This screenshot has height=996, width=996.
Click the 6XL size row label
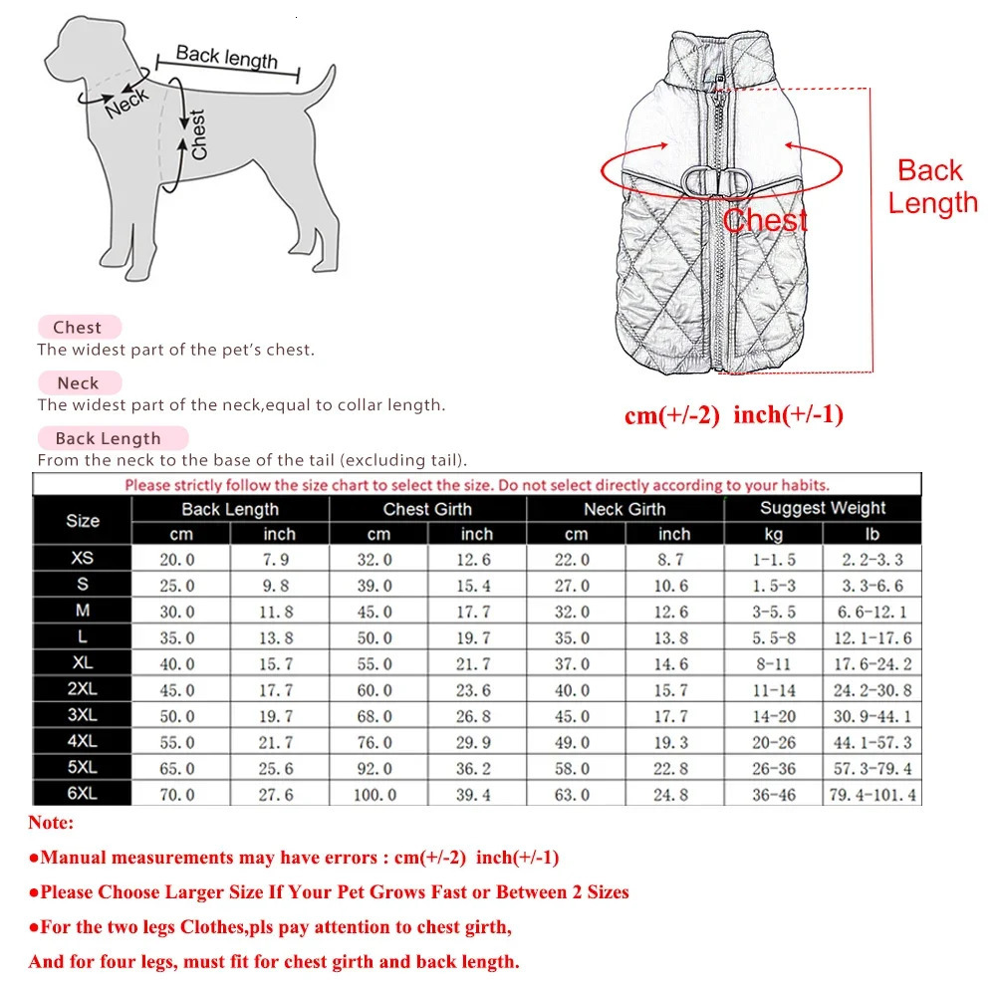(x=82, y=794)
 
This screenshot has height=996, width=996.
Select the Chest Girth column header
(x=427, y=509)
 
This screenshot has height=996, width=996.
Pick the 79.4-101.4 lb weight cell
(x=871, y=795)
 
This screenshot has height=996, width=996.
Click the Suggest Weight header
(x=823, y=508)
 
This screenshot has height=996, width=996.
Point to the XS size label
(x=82, y=559)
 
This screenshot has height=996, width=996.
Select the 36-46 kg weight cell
(x=774, y=795)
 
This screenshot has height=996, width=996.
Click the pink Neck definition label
(x=78, y=382)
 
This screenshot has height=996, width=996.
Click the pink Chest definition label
(x=78, y=327)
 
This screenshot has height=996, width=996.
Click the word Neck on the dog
(x=127, y=101)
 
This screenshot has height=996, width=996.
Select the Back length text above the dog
(x=227, y=57)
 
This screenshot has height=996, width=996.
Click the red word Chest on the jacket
(x=765, y=220)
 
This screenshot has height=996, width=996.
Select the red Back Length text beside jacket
(x=932, y=186)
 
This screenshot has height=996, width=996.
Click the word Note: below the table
(x=51, y=824)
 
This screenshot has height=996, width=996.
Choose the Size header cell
(x=82, y=520)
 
